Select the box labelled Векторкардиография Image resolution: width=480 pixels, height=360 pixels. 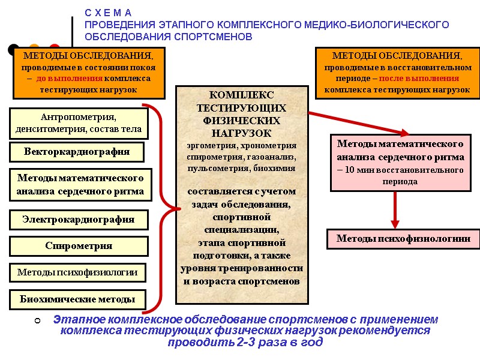point(77,151)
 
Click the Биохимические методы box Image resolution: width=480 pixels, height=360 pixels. point(77,299)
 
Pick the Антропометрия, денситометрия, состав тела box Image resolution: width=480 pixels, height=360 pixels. point(79,123)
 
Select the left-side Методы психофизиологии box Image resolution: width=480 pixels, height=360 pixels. point(77,272)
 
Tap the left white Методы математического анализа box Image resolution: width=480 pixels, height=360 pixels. point(80,185)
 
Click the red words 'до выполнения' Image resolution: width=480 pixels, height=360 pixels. point(70,79)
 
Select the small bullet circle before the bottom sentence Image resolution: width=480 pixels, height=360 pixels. point(37,322)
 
